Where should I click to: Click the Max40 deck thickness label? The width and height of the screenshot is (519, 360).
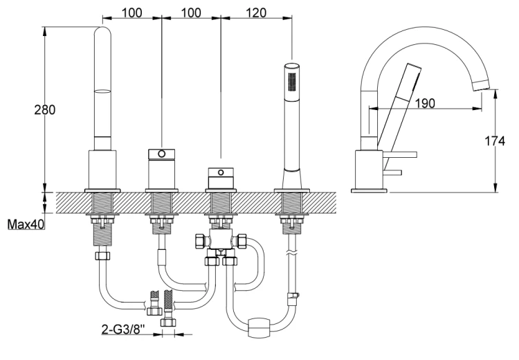[x=26, y=225]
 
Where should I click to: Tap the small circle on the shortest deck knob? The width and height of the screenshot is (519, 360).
[x=221, y=171]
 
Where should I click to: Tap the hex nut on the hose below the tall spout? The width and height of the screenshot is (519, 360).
[x=102, y=255]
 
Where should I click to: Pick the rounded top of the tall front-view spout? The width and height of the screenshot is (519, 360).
[x=102, y=35]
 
